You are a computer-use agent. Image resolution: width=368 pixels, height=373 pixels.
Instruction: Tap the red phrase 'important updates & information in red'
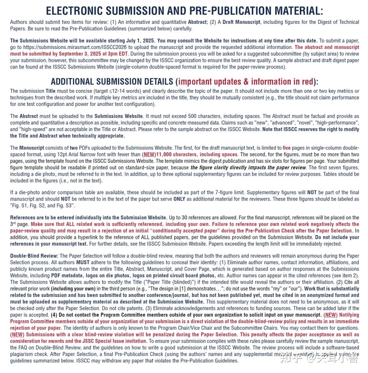click(x=245, y=82)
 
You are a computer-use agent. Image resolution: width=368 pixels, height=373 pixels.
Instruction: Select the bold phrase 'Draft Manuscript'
click(x=242, y=22)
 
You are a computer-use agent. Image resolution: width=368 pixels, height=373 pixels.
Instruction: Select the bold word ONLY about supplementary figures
click(x=180, y=199)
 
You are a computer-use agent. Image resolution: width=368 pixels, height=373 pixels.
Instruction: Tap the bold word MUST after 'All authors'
click(x=82, y=263)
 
